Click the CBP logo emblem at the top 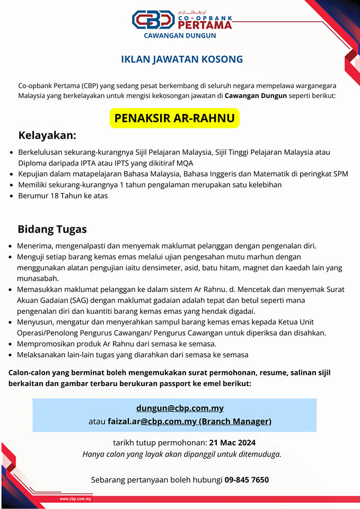153,20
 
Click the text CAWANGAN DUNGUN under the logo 180,36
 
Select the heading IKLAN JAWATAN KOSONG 182,59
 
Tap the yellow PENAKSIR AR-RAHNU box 174,118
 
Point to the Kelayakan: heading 47,136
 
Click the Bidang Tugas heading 52,230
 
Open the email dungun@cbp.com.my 180,408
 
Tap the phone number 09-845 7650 247,480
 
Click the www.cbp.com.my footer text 75,499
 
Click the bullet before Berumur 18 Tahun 12,196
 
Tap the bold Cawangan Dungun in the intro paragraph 256,96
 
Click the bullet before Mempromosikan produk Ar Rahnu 12,344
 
